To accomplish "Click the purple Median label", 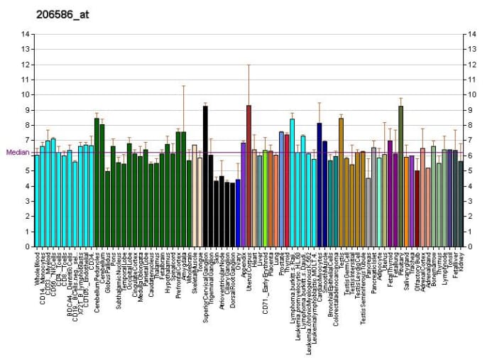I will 17,152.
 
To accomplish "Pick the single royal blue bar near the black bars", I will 238,214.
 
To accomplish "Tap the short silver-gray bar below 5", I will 368,213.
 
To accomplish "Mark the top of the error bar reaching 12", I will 248,65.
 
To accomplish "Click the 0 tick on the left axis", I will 26,248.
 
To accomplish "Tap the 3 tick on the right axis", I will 471,202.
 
